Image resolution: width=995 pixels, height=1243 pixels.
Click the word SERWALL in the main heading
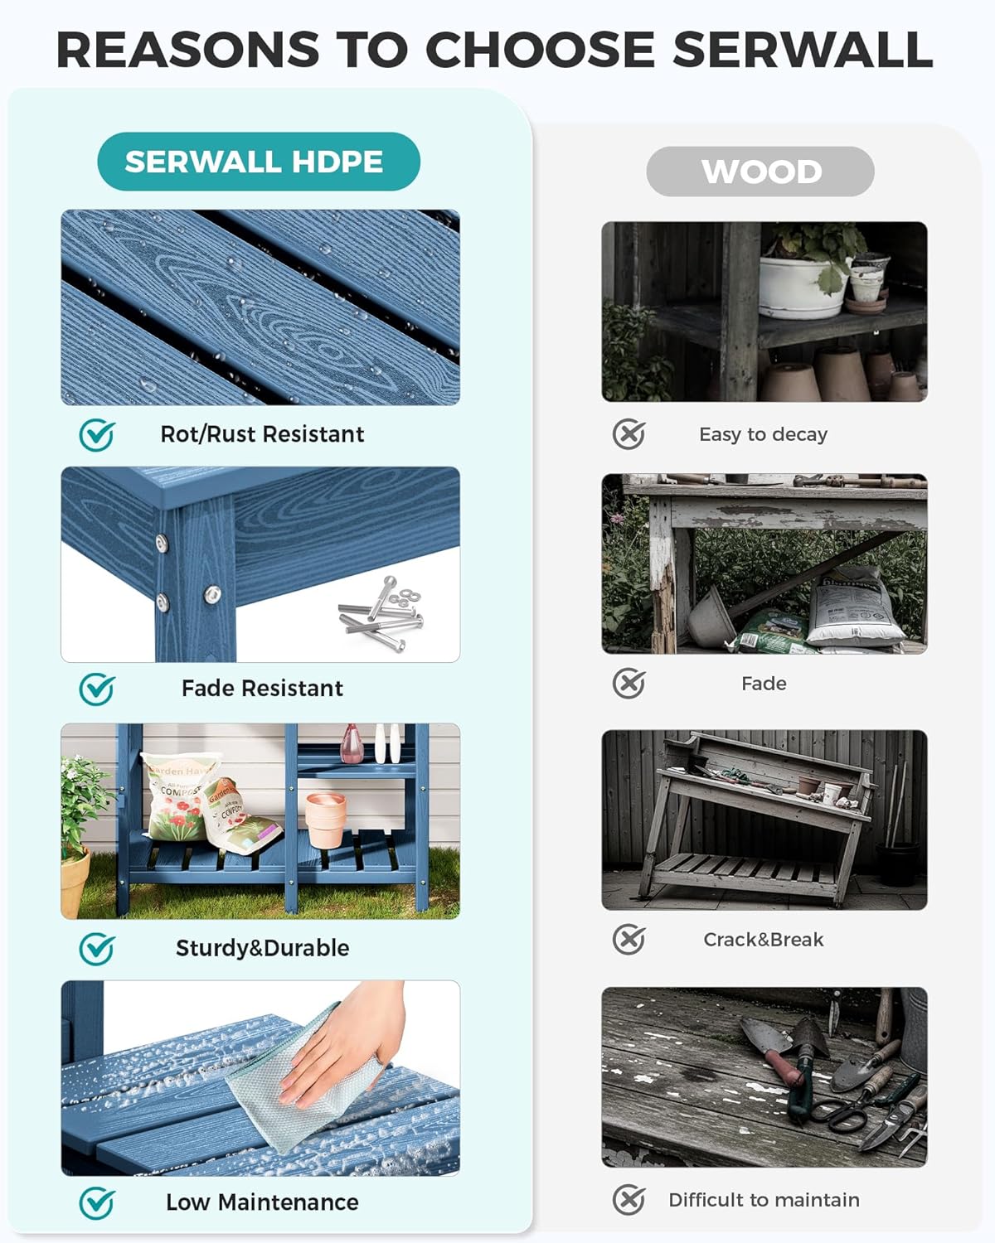[x=803, y=50]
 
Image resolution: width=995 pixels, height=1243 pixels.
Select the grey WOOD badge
[x=760, y=172]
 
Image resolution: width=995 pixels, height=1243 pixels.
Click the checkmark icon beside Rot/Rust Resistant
[x=97, y=434]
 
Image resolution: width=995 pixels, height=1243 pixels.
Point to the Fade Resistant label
[x=262, y=689]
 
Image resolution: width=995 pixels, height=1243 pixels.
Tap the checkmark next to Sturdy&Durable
[x=97, y=949]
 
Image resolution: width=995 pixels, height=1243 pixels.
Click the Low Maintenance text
[x=262, y=1202]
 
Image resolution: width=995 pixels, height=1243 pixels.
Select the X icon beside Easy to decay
[x=629, y=434]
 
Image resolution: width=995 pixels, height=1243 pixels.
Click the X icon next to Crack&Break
[x=629, y=940]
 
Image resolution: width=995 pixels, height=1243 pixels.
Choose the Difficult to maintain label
[x=764, y=1200]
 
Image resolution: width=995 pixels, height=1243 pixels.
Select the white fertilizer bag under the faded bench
[x=854, y=609]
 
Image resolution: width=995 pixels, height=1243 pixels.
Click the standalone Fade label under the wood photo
[x=764, y=684]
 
